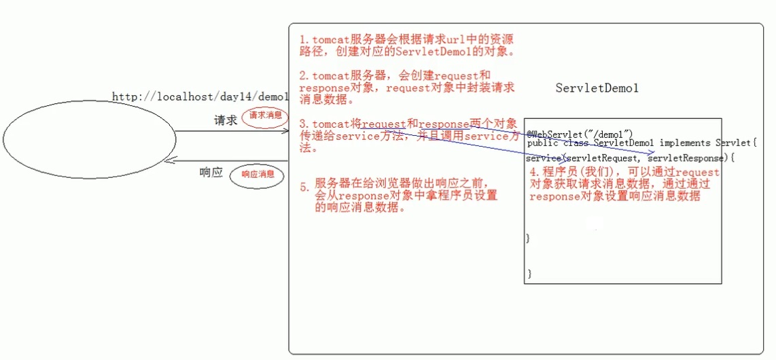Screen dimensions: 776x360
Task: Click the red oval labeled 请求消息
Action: click(x=262, y=115)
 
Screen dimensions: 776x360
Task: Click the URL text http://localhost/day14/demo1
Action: click(x=200, y=97)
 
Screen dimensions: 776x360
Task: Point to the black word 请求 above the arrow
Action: click(x=226, y=120)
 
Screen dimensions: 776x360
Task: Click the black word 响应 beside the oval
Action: click(x=211, y=173)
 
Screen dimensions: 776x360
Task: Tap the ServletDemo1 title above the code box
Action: click(x=597, y=88)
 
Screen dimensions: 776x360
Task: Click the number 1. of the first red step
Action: click(x=304, y=40)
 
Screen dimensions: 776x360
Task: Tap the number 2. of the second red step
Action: click(x=304, y=75)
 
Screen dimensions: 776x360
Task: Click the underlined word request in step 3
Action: click(x=383, y=124)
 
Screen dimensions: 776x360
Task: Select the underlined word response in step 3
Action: click(x=444, y=124)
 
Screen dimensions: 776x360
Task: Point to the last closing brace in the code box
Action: click(x=530, y=274)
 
